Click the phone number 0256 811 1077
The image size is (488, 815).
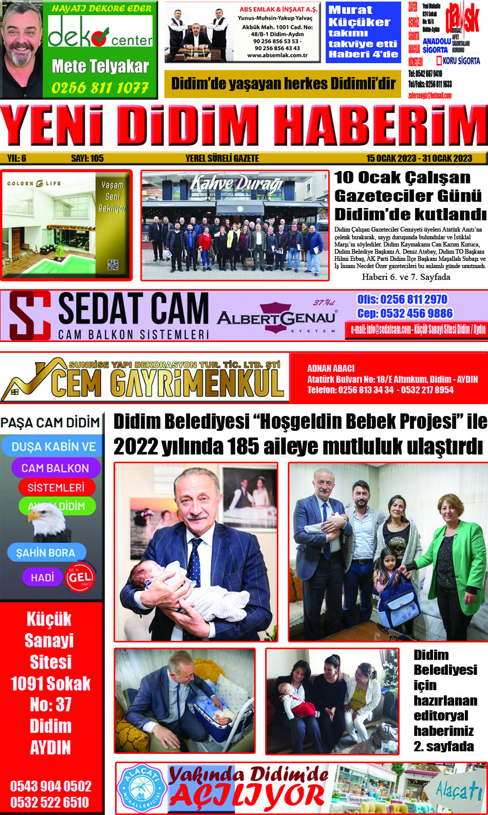(100, 88)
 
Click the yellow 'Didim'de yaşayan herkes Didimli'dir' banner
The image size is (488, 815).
(283, 84)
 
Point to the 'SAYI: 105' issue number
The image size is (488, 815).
(87, 159)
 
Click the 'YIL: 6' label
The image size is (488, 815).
(17, 159)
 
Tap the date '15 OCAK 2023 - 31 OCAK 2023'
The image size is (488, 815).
(419, 159)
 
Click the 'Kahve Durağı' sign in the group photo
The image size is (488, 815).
(236, 184)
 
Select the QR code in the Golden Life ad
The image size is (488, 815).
(113, 265)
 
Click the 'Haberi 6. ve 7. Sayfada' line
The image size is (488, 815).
(406, 277)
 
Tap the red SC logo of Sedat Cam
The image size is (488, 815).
(30, 315)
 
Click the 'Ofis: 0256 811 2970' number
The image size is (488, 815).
(402, 300)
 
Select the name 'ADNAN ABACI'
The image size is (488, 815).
(331, 368)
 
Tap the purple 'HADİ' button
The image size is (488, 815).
(42, 577)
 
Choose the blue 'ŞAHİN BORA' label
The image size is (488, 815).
(46, 553)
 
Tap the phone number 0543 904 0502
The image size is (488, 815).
(51, 786)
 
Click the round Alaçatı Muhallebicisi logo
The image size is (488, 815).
(140, 788)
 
